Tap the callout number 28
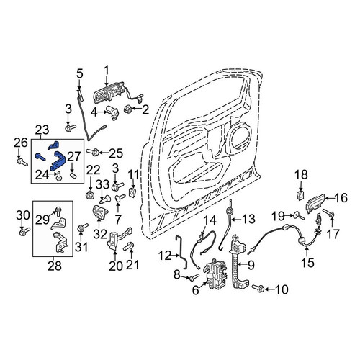[x=54, y=266]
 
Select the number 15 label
[x=307, y=262]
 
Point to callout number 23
[x=42, y=130]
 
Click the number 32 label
[x=100, y=233]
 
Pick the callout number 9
[x=251, y=265]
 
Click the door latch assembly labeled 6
[x=217, y=274]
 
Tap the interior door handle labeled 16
[x=316, y=203]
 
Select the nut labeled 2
[x=128, y=109]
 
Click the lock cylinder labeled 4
[x=112, y=112]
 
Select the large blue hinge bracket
[x=59, y=161]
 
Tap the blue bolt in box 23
[x=40, y=156]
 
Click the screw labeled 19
[x=299, y=215]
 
